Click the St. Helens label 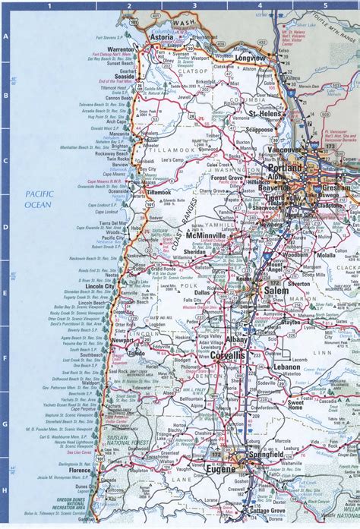click(x=262, y=114)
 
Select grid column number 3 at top click(x=194, y=6)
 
